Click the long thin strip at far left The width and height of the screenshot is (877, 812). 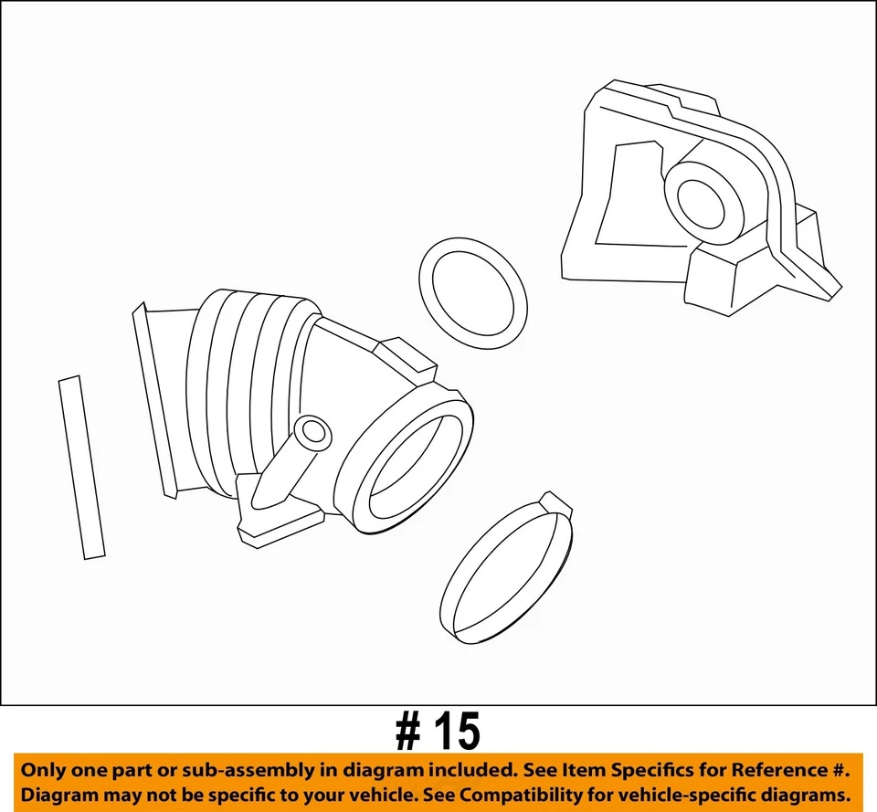tap(81, 467)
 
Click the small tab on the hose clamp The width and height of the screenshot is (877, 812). tap(556, 504)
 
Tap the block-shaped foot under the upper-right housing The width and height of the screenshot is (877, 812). tap(727, 278)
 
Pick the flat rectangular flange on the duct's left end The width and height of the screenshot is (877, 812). tap(153, 402)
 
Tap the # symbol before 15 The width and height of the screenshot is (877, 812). tap(408, 733)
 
